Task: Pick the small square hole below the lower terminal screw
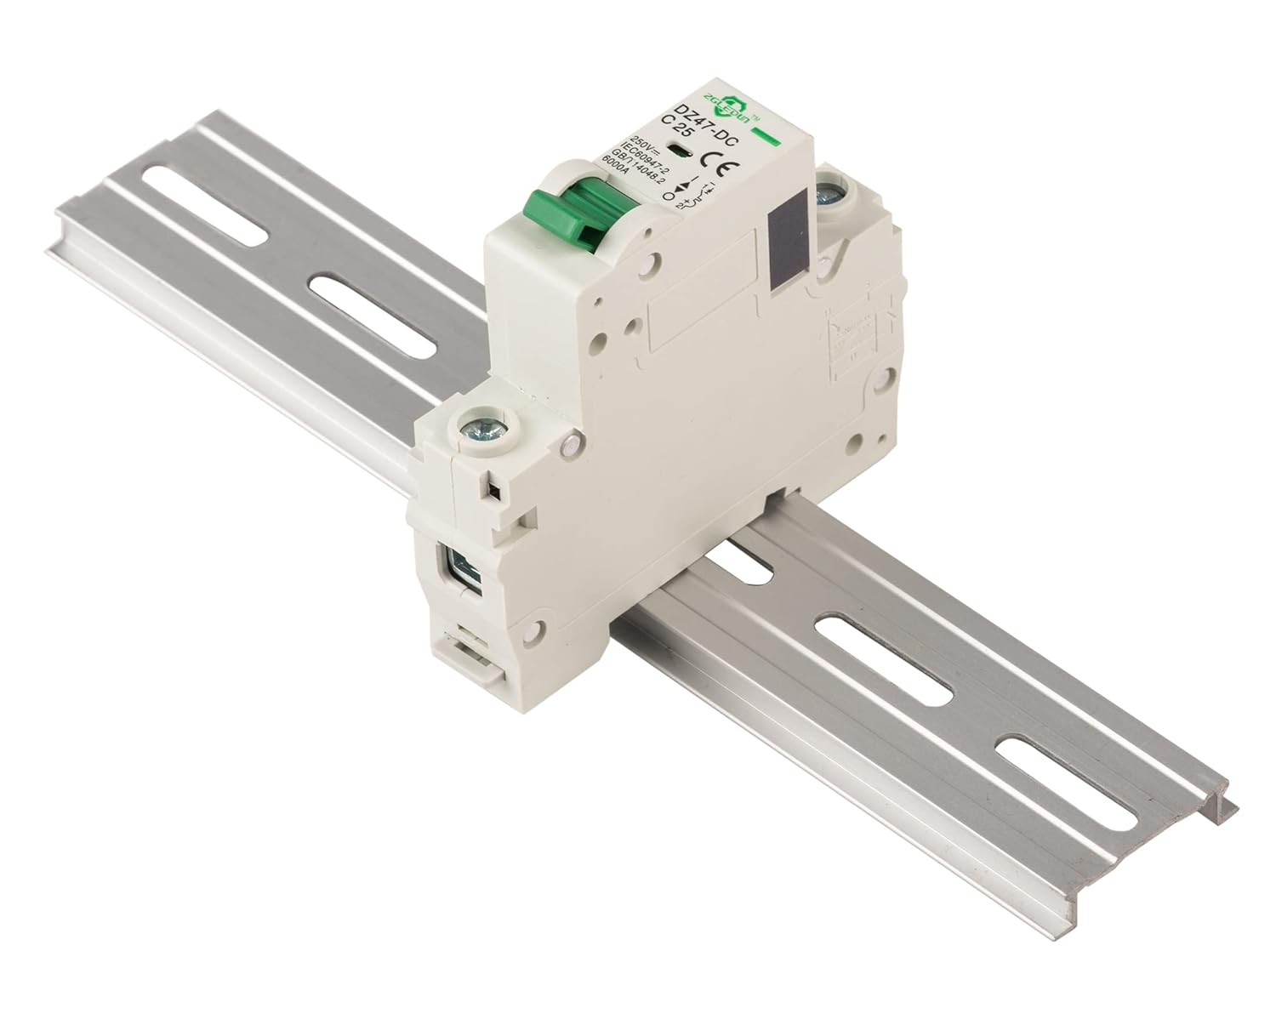click(491, 489)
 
